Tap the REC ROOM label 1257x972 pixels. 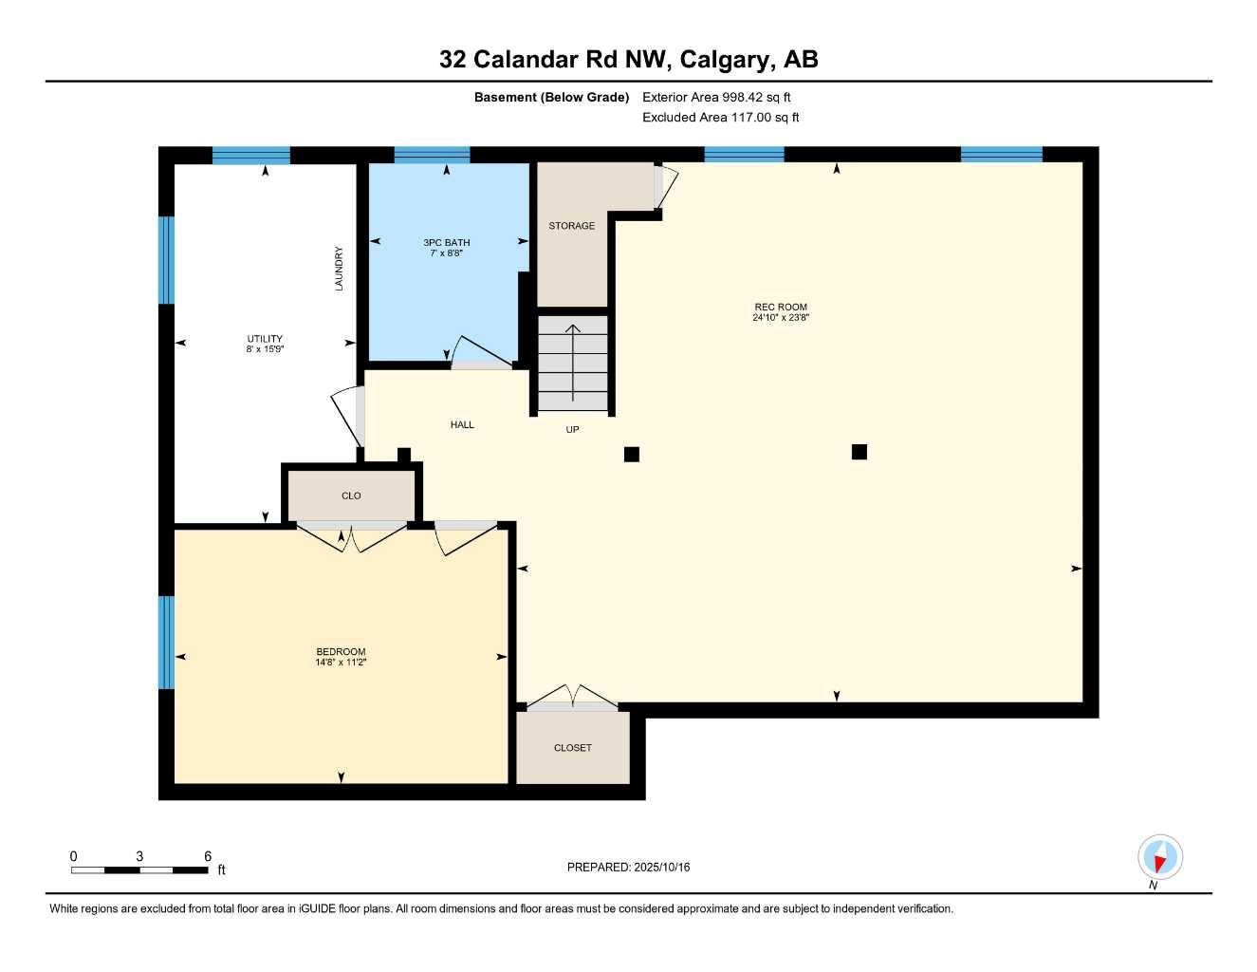click(780, 307)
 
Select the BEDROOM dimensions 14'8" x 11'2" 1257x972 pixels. click(341, 663)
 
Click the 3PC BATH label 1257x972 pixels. click(446, 243)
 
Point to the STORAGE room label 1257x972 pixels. click(571, 226)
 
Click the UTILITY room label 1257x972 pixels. click(265, 339)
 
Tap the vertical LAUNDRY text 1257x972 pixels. click(339, 269)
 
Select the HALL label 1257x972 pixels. click(462, 425)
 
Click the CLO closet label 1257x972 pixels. click(351, 495)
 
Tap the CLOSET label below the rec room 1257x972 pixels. click(572, 748)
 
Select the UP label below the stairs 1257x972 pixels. click(572, 430)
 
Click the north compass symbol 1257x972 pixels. click(1159, 858)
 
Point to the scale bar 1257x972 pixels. click(139, 869)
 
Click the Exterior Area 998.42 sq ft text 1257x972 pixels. click(716, 97)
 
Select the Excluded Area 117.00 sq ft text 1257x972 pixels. click(720, 118)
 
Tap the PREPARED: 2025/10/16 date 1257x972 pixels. click(628, 867)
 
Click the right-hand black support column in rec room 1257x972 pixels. click(859, 452)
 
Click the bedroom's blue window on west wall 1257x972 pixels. click(166, 642)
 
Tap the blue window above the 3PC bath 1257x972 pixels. click(432, 155)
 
